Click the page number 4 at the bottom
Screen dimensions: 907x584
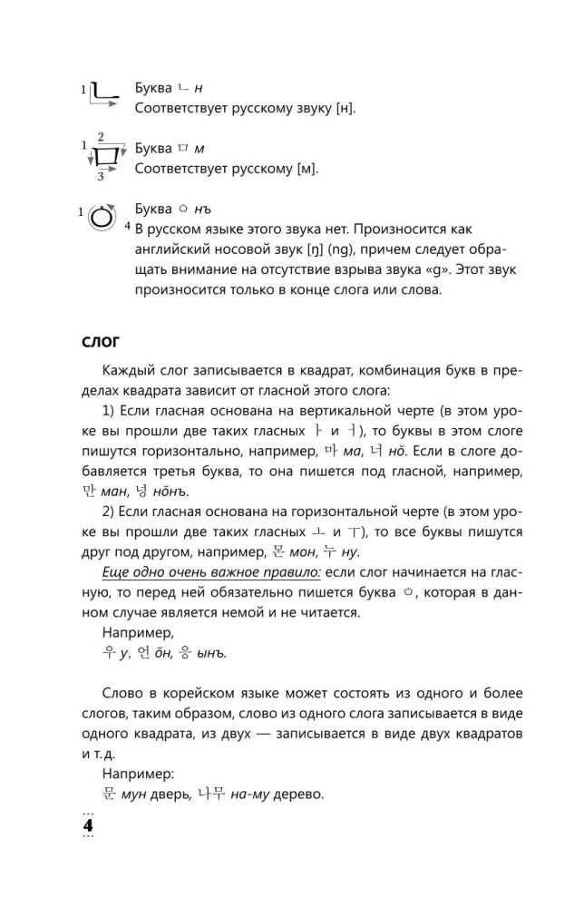(x=88, y=826)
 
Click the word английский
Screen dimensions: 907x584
(x=176, y=249)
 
